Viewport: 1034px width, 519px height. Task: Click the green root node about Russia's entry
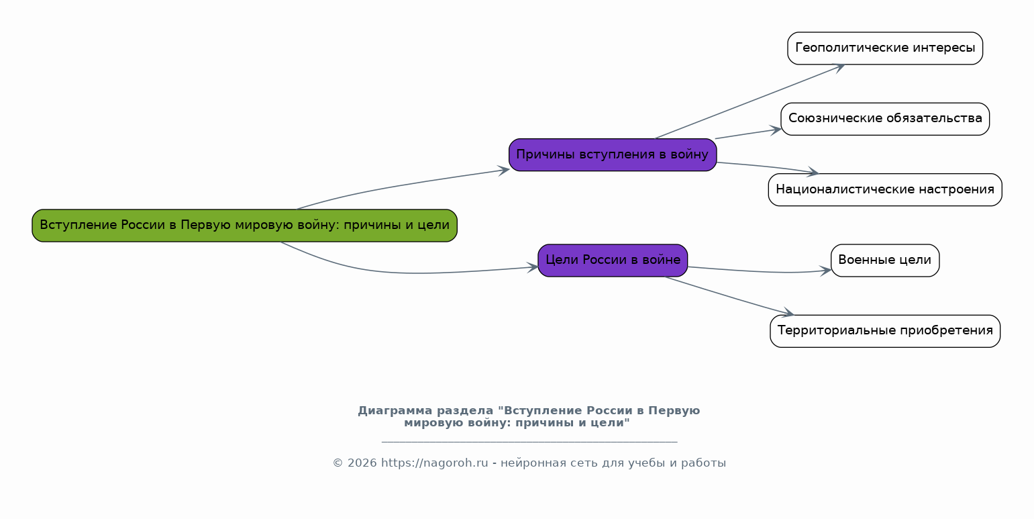244,226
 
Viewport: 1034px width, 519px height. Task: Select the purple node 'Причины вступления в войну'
612,155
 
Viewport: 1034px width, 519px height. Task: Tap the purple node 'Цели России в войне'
612,261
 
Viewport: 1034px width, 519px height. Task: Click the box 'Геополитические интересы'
884,48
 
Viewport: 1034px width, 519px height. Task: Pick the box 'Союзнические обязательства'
884,119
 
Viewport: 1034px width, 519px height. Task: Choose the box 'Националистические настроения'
884,190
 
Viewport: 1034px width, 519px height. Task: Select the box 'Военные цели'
884,261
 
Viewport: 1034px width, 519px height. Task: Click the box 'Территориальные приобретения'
884,331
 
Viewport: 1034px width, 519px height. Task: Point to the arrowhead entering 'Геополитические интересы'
839,66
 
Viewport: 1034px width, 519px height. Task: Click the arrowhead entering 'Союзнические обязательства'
776,129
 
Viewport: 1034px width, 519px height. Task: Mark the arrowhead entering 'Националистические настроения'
813,173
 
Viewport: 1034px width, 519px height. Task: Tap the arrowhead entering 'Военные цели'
826,271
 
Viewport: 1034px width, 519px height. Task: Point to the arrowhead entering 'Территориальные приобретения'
788,313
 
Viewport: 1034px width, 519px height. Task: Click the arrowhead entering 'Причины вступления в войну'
504,170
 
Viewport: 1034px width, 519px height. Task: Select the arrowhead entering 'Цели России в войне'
533,267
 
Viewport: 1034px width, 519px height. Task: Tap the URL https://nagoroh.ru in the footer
434,463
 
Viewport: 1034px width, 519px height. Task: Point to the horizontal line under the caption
529,442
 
